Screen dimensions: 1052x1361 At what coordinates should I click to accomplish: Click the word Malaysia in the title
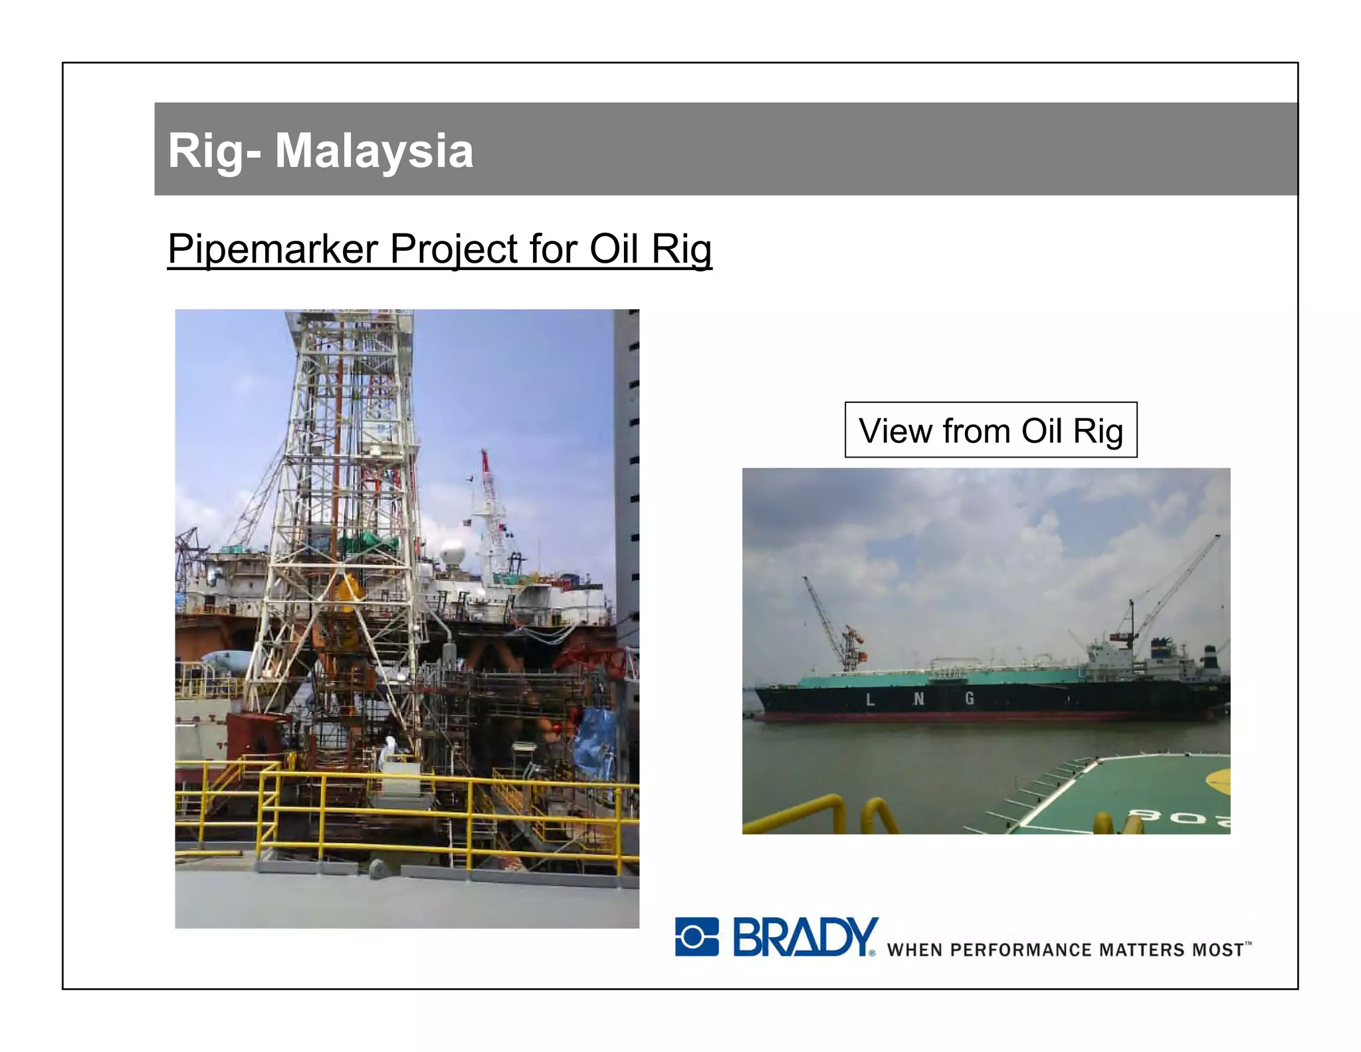(x=373, y=151)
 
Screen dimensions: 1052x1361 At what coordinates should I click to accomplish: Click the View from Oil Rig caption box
(x=990, y=430)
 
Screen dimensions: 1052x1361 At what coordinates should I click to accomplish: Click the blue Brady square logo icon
(x=696, y=937)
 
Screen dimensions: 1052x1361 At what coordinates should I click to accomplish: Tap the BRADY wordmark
(x=805, y=937)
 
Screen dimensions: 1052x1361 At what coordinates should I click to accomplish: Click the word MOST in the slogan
(x=1217, y=950)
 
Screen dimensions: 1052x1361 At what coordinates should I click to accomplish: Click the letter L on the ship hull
(x=870, y=700)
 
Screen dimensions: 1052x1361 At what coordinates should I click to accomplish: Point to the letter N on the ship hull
(x=918, y=699)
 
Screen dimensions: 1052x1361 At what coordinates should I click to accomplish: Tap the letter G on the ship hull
(x=970, y=698)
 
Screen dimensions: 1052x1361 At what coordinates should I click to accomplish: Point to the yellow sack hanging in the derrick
(x=349, y=592)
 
